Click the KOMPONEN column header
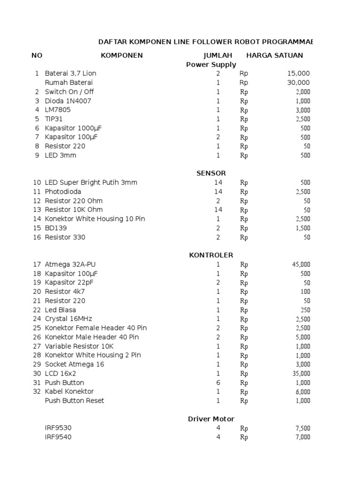[x=122, y=55]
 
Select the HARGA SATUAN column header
[x=275, y=55]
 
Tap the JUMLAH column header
[x=218, y=55]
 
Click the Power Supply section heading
[x=211, y=65]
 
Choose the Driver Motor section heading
[x=211, y=419]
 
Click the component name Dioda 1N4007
[x=68, y=101]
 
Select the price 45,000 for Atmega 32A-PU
[x=301, y=264]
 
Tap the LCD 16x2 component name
[x=60, y=374]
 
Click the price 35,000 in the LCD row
[x=301, y=374]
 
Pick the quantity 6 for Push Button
[x=218, y=382]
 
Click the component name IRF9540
[x=59, y=437]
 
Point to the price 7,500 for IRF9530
[x=303, y=428]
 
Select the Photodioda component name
[x=63, y=192]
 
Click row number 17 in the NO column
[x=37, y=264]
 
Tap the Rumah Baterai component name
[x=68, y=82]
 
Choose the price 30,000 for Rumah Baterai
[x=299, y=82]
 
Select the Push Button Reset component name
[x=75, y=401]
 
